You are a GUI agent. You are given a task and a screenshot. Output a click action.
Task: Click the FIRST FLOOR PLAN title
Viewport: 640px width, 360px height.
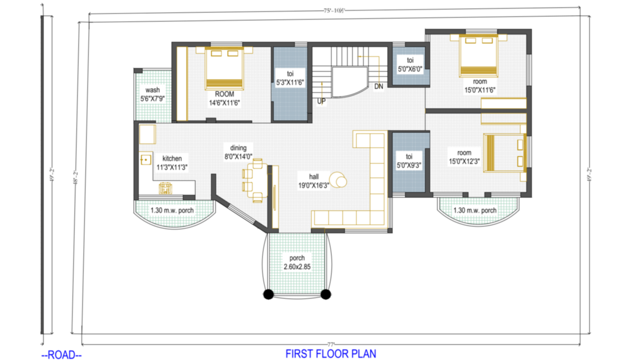click(330, 353)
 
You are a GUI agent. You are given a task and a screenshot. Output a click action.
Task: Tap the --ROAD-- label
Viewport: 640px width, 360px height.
click(61, 355)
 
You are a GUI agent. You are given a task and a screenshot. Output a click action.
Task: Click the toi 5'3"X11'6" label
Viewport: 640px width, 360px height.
click(290, 78)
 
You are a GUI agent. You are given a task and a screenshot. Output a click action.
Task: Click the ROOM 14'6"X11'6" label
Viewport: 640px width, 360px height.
click(224, 98)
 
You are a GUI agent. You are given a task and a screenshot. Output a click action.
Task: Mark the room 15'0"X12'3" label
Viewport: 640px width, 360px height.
click(464, 157)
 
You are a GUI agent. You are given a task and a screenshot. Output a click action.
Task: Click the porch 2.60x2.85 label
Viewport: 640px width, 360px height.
click(297, 262)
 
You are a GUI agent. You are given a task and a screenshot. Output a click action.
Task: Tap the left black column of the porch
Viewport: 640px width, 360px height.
click(268, 294)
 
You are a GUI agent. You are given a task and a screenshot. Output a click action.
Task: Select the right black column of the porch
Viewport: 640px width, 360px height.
click(325, 294)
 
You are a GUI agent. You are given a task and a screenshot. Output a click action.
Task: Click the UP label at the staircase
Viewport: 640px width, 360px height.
click(321, 101)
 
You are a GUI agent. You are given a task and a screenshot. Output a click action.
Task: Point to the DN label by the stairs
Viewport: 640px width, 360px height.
click(379, 86)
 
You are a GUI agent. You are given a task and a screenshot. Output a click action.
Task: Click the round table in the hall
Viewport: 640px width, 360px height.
click(341, 181)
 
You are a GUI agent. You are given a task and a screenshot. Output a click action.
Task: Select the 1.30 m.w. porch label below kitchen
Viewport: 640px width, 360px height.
click(171, 210)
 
